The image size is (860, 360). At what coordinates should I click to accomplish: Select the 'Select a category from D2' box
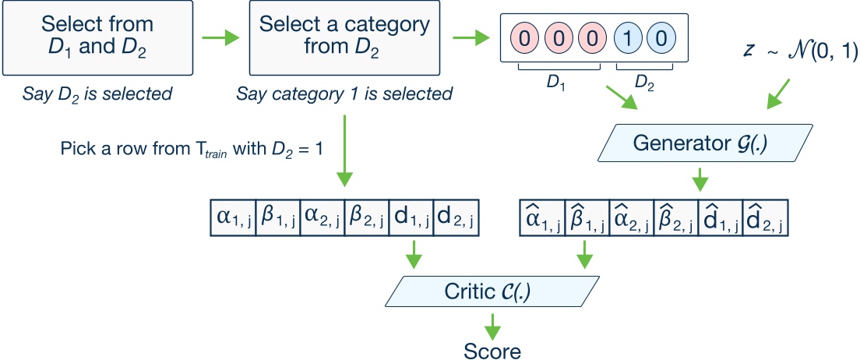coord(344,37)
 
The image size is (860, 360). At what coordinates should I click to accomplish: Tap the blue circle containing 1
coord(628,37)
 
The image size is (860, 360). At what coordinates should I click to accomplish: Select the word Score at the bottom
coord(492,349)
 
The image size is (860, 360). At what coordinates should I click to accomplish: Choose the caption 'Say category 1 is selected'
coord(344,95)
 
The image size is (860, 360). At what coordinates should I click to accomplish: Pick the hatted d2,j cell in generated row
coord(766,217)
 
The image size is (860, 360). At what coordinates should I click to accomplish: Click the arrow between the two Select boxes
coord(218,37)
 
